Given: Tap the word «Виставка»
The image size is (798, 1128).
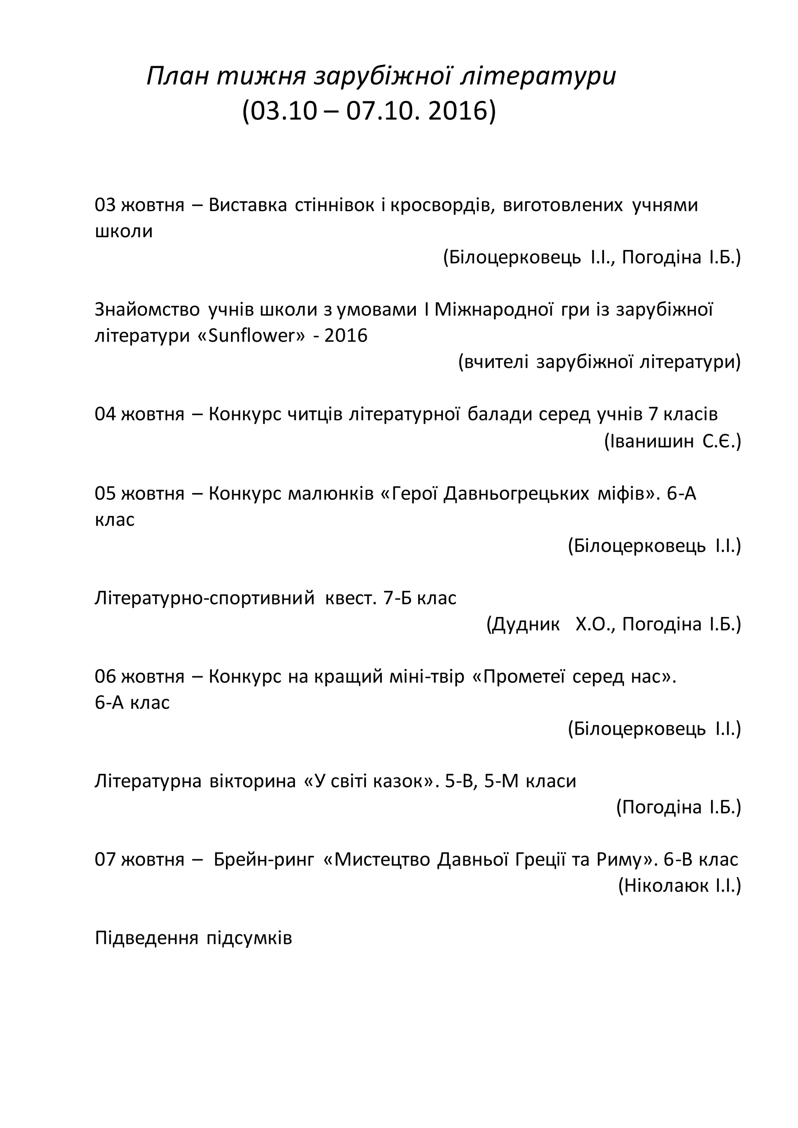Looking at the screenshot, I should click(248, 205).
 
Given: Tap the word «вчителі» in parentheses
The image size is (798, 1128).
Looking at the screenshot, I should click(496, 363).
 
